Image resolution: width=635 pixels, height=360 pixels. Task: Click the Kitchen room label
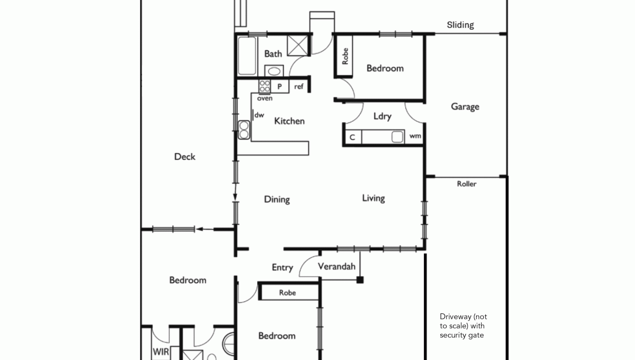[289, 121]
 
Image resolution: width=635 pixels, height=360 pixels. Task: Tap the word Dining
[277, 200]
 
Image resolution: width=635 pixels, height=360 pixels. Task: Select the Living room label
[374, 198]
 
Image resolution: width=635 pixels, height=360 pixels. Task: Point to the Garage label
[465, 106]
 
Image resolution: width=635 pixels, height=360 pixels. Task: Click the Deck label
[185, 157]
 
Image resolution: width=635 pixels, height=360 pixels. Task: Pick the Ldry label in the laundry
[383, 116]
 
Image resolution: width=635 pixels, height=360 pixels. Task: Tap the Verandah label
[337, 266]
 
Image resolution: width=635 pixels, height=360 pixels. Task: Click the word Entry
[283, 267]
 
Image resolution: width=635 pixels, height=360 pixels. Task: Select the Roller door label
[467, 184]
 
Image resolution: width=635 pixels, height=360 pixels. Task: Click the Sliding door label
[460, 25]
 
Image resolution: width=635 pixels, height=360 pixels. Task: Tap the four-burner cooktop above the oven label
[265, 86]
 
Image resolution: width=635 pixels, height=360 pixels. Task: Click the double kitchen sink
[244, 130]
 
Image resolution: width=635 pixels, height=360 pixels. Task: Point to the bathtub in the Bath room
[247, 56]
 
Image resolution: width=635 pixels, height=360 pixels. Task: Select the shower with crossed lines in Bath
[297, 46]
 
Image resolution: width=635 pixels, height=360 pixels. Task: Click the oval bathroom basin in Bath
[274, 71]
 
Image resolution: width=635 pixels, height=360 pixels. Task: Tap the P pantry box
[280, 86]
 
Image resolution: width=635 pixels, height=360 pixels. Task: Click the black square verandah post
[360, 280]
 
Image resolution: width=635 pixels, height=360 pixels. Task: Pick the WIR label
[161, 352]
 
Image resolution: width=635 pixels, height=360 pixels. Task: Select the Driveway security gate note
[463, 326]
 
